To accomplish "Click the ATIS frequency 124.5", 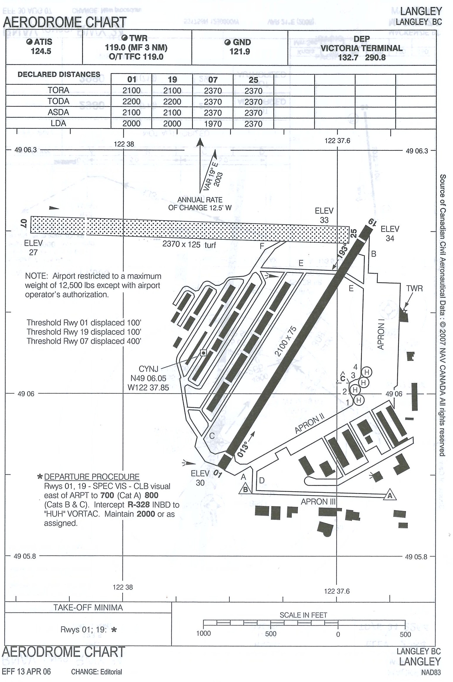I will [x=41, y=51].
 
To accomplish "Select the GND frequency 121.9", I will [x=240, y=52].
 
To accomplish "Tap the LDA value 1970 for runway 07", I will [x=213, y=124].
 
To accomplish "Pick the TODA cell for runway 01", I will [x=131, y=102].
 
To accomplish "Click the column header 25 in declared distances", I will [x=253, y=80].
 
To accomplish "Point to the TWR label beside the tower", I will [x=414, y=289].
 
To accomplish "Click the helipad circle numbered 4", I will [x=366, y=372].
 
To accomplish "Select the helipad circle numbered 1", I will [x=359, y=400].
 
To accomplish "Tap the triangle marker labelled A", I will [x=390, y=495].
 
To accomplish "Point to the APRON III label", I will [x=318, y=502].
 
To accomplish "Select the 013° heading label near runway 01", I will [x=243, y=450].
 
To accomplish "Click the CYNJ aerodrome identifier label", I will [x=148, y=369].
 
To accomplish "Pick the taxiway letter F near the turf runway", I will [x=262, y=246].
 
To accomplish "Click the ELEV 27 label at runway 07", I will [x=33, y=247].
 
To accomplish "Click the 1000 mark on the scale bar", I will [x=203, y=633].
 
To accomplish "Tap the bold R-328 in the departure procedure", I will [x=139, y=505].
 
